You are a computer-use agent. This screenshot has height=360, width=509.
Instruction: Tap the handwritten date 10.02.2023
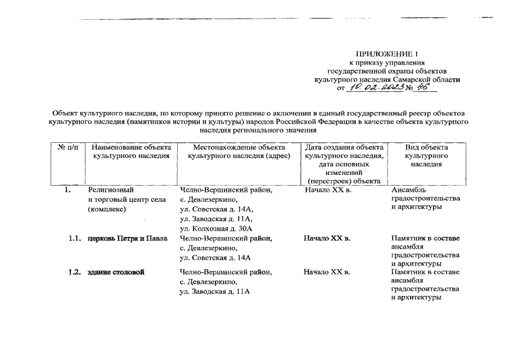click(x=375, y=88)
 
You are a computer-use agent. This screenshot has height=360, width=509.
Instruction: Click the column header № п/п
click(x=67, y=147)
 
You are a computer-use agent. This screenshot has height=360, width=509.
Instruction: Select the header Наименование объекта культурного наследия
click(x=131, y=151)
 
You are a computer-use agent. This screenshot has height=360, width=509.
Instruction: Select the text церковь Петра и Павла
click(x=127, y=238)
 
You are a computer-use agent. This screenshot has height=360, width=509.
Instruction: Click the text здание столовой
click(x=115, y=272)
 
